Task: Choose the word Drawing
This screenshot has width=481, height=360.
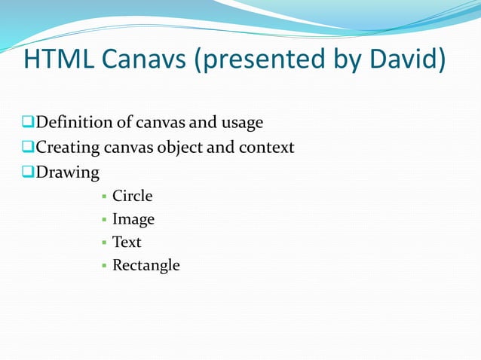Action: click(68, 173)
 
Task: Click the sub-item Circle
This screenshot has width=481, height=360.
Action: click(133, 197)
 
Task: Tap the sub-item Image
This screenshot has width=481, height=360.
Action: click(133, 220)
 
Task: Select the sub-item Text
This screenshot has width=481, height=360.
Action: click(127, 243)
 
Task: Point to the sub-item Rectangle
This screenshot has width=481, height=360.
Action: click(146, 266)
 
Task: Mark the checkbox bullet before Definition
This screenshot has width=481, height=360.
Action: click(28, 122)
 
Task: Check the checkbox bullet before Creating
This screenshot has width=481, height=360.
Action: click(28, 147)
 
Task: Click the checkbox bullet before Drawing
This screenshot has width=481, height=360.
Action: click(28, 172)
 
